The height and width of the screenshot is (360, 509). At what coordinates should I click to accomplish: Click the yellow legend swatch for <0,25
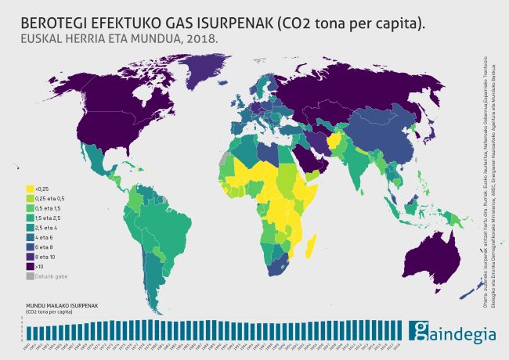[x=31, y=189]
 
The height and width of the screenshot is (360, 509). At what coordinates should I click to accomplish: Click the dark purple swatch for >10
[x=31, y=265]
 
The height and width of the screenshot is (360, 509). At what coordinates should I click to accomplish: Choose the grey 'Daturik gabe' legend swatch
[x=31, y=275]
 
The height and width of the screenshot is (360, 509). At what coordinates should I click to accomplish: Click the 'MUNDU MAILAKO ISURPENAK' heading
[x=60, y=305]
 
